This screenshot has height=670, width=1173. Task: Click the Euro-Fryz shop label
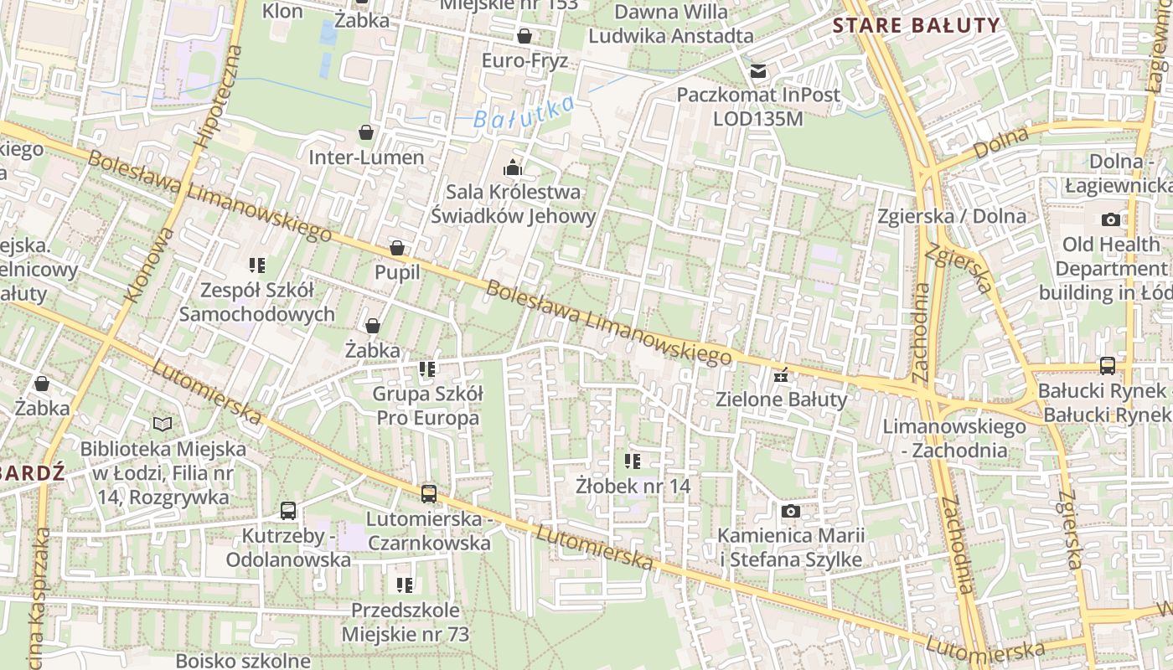click(x=524, y=60)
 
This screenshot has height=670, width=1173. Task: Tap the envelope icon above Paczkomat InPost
click(x=758, y=71)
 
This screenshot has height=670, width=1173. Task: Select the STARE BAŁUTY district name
click(x=917, y=25)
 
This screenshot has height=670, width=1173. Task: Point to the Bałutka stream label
click(x=524, y=112)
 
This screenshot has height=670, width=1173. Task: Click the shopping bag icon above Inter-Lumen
click(x=366, y=132)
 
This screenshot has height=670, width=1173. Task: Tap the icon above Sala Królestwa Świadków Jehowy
click(x=513, y=168)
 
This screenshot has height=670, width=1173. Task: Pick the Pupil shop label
click(x=397, y=272)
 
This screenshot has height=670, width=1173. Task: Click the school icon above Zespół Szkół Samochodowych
click(x=257, y=265)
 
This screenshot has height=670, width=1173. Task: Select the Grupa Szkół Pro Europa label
click(x=427, y=405)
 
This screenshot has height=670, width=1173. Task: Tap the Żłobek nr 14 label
click(x=633, y=485)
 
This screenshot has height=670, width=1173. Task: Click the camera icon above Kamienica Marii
click(x=790, y=511)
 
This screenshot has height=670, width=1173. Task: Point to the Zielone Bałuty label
click(x=782, y=399)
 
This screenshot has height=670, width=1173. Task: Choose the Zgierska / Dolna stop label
click(x=952, y=216)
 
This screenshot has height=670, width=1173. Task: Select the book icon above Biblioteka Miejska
click(x=163, y=425)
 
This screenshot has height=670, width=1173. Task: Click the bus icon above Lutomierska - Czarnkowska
click(x=429, y=494)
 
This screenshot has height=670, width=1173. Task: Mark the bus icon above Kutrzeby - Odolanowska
click(x=288, y=510)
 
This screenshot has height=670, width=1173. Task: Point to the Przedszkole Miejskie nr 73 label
click(x=406, y=621)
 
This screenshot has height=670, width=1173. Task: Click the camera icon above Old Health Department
click(x=1111, y=219)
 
